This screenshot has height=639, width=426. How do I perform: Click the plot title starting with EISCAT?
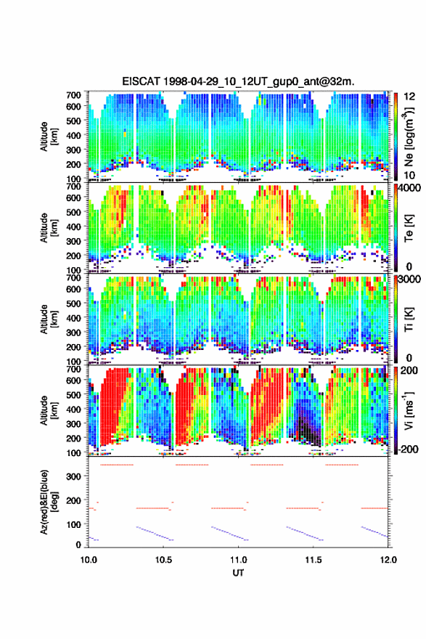click(238, 81)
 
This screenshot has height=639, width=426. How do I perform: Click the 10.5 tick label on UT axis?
click(163, 560)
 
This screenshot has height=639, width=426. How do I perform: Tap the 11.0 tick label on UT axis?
click(238, 560)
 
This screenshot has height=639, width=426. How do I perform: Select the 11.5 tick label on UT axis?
click(314, 560)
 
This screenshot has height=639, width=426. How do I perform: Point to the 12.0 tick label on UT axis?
click(388, 560)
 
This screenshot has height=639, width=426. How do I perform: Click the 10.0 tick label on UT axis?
click(89, 560)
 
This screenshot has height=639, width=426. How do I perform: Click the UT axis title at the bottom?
click(238, 573)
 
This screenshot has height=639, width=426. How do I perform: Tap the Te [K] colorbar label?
click(409, 228)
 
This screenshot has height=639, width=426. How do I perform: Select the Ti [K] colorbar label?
click(409, 319)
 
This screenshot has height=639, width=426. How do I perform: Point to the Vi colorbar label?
click(409, 411)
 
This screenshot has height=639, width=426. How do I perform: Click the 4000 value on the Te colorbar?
click(410, 189)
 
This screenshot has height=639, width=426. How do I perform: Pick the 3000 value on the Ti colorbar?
click(410, 280)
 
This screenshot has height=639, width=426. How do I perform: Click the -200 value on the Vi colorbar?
click(407, 449)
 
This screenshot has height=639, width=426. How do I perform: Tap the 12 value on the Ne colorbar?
click(410, 97)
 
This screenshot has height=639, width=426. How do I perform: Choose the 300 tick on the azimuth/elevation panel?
click(74, 476)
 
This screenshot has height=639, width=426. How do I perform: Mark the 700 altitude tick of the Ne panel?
click(74, 95)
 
